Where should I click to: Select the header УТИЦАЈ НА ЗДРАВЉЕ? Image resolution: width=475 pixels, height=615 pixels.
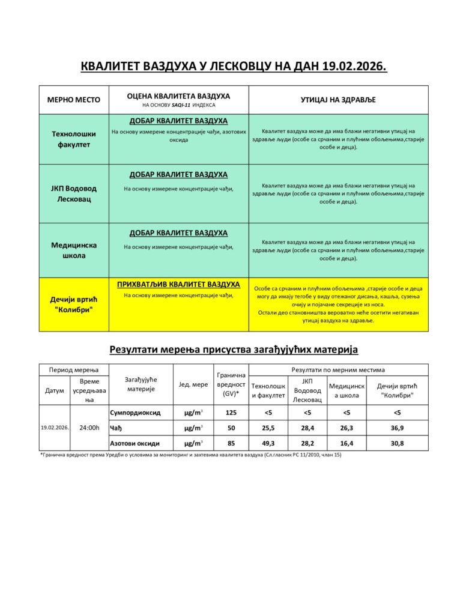coord(338,100)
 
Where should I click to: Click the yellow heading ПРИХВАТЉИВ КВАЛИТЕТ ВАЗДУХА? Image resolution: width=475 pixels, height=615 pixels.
coord(178,284)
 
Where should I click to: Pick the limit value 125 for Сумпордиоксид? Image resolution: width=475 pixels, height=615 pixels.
coord(231,413)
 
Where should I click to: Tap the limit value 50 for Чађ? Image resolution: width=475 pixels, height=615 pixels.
coord(231,428)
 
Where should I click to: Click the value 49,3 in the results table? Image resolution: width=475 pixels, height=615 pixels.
coord(268,443)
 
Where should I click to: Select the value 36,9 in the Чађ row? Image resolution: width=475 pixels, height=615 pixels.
coord(397,428)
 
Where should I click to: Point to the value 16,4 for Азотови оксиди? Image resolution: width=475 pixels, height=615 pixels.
coord(346,443)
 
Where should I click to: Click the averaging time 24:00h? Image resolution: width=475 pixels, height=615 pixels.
coord(89,428)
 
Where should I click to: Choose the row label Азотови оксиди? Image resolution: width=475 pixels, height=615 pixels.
coord(135,443)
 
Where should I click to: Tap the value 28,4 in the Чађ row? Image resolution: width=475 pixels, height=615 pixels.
coord(307,428)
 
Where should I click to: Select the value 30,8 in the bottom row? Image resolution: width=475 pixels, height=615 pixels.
coord(397,443)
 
